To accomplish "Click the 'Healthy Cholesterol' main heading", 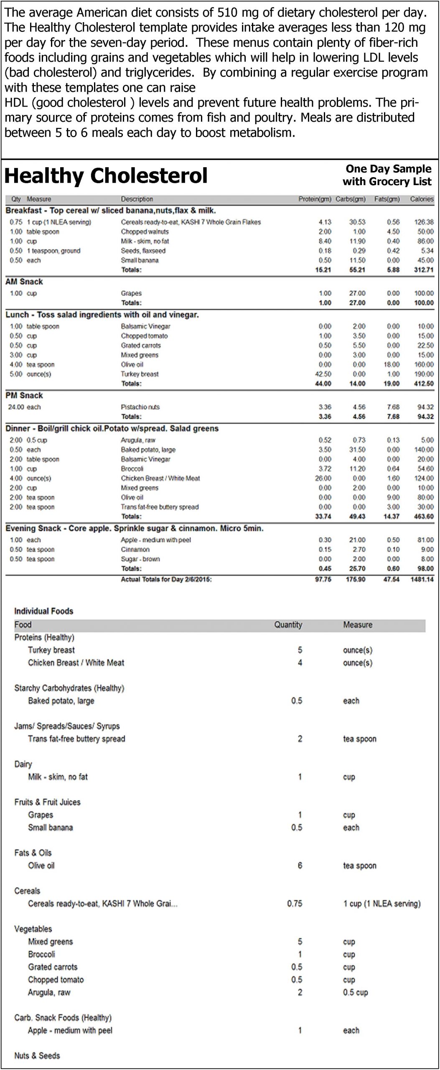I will (x=106, y=176).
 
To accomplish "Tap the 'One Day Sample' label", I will (x=388, y=169).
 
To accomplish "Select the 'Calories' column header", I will (x=422, y=199).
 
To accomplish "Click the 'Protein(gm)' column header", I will (x=315, y=199).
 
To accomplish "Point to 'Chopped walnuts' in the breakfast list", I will (x=145, y=232).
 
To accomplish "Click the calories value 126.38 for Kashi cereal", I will (x=424, y=222).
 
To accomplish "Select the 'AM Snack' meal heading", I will (x=24, y=282).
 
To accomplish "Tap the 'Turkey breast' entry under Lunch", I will (x=140, y=374).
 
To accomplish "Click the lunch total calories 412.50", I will (x=424, y=384).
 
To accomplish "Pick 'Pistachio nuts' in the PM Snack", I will (x=140, y=407).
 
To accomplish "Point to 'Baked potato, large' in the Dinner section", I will (x=148, y=450).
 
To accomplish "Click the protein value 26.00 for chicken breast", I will (x=323, y=478).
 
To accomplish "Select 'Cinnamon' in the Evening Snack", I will (x=135, y=550).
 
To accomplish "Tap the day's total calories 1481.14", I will (x=422, y=579).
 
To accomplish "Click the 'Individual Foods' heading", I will (x=43, y=611).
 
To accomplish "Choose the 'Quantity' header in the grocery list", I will (x=288, y=625).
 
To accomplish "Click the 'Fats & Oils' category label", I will (x=33, y=853).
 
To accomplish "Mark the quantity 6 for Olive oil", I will (x=300, y=866).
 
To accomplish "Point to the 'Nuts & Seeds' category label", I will (x=37, y=1055).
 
